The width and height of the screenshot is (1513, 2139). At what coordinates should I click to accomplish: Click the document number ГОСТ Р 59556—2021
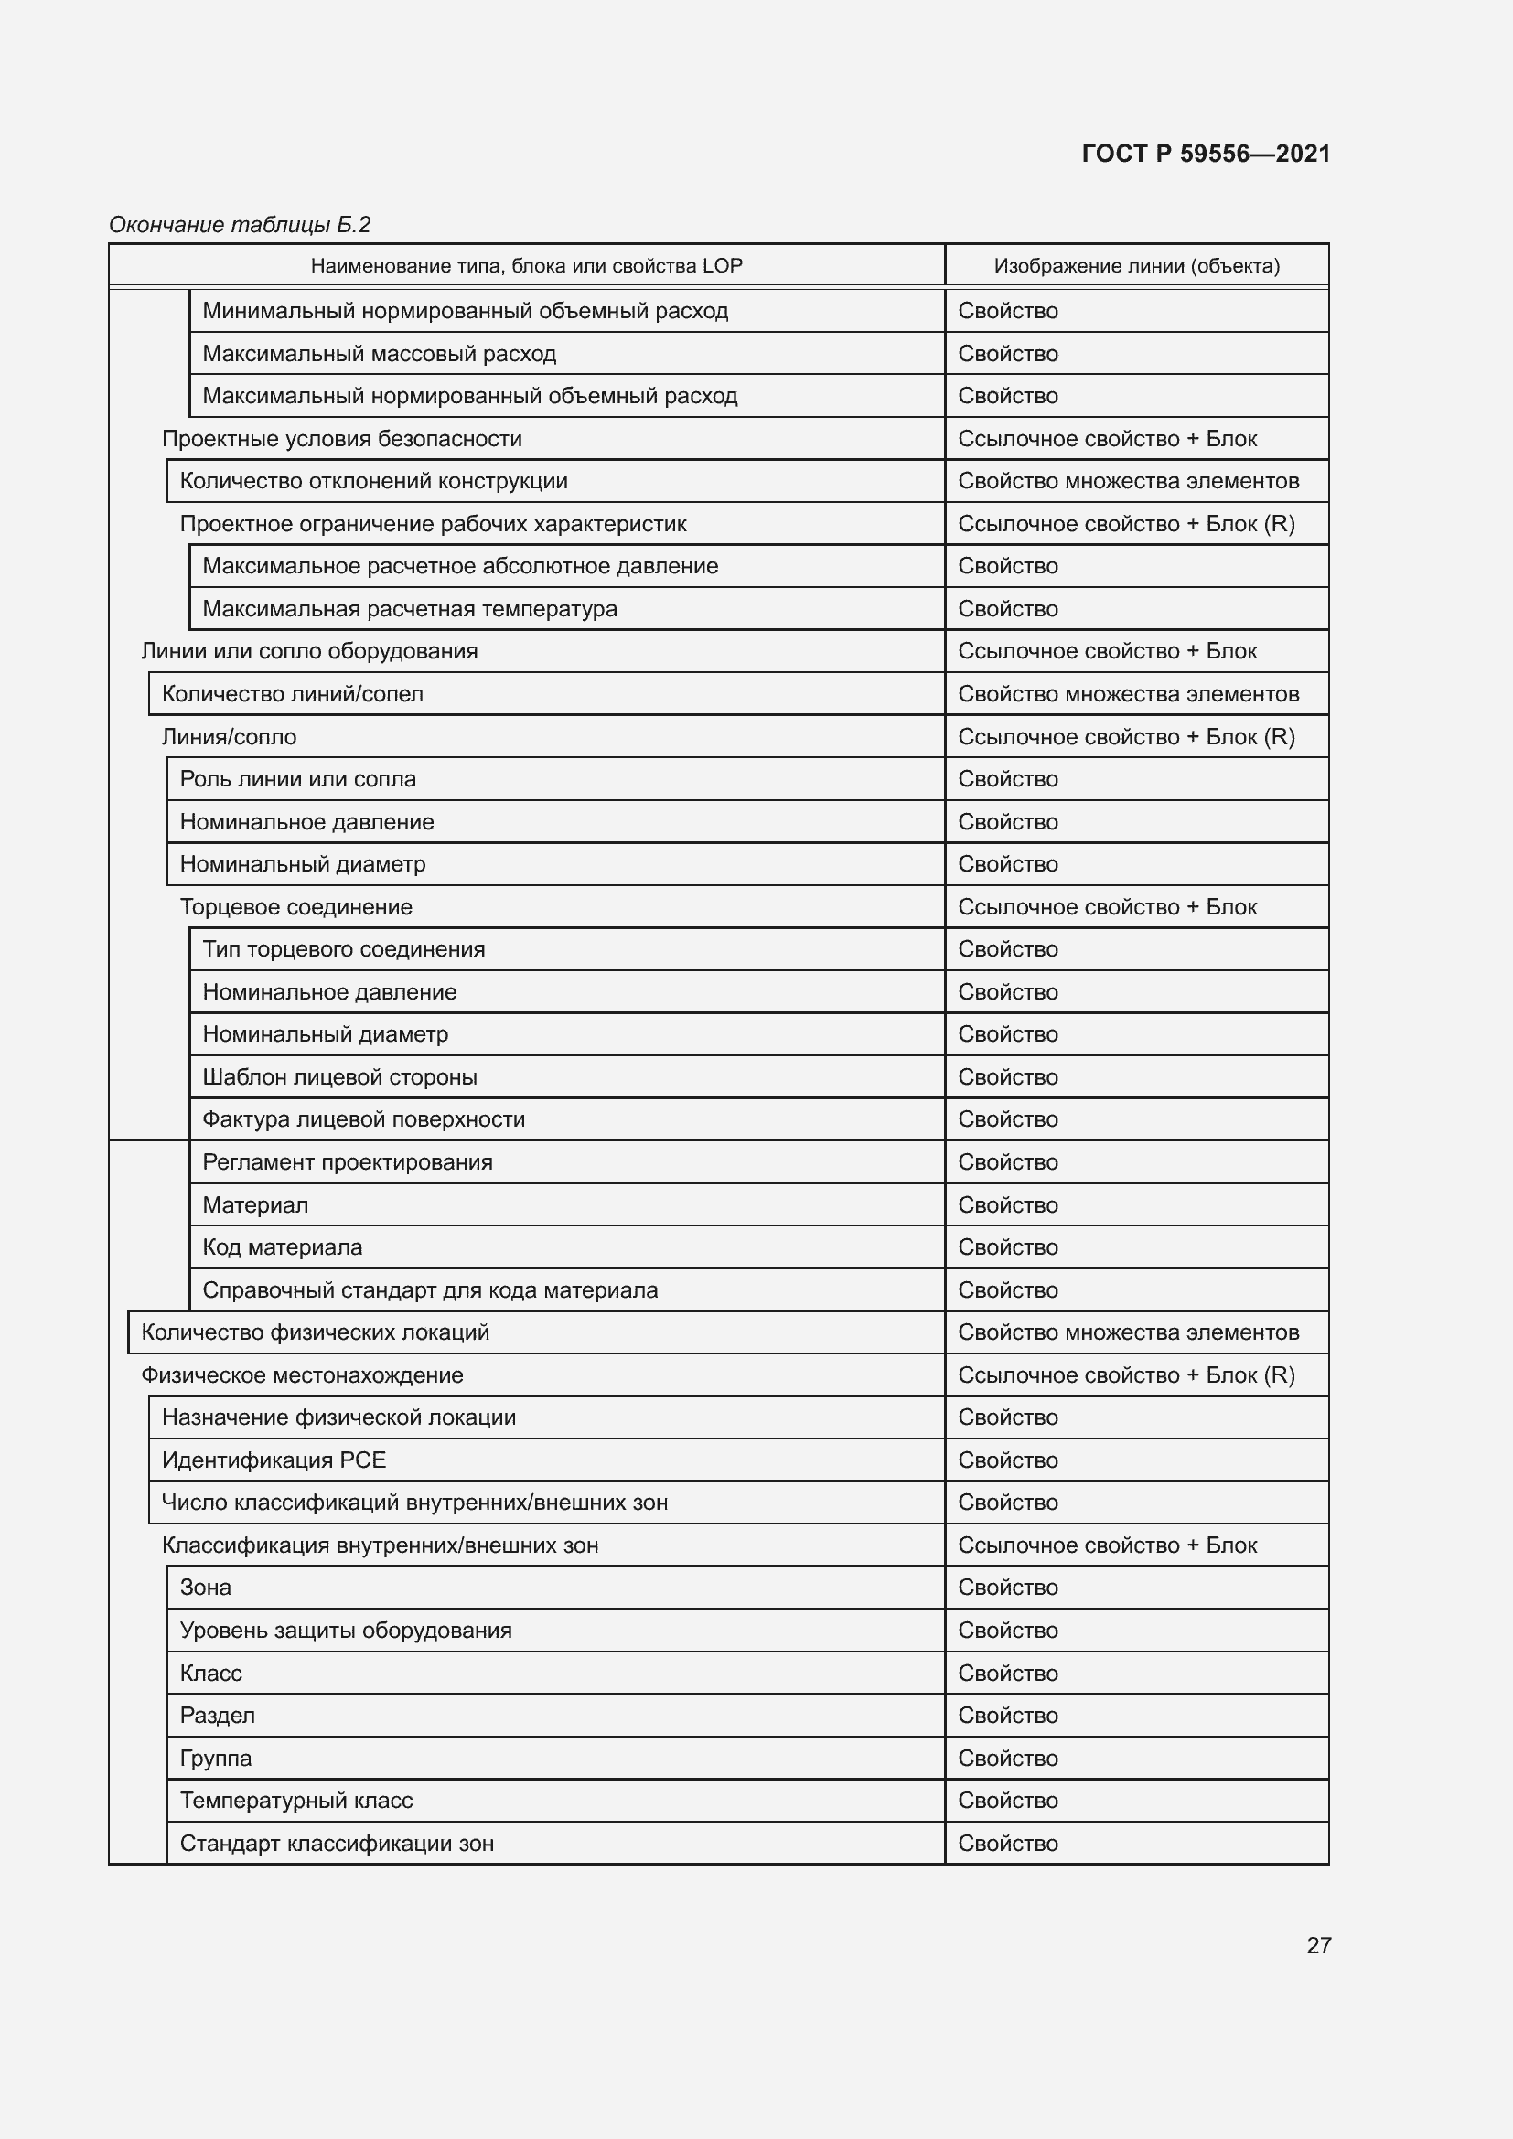pos(1206,154)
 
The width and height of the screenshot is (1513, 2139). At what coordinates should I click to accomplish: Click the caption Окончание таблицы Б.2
pos(240,225)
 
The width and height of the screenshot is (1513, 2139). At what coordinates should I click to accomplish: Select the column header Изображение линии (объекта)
pos(1136,266)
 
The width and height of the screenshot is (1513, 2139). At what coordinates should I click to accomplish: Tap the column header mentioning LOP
pos(526,266)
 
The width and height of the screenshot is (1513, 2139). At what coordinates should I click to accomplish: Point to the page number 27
pos(1318,1945)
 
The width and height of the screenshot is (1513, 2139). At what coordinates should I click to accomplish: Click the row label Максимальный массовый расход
pos(380,354)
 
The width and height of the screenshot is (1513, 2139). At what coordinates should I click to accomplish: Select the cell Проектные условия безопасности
pos(342,439)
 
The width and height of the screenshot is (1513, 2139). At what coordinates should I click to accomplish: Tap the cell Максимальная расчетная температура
pos(410,609)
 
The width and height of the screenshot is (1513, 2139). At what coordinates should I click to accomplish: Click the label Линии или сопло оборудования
pos(309,651)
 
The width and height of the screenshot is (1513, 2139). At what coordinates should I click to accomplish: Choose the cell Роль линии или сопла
pos(298,779)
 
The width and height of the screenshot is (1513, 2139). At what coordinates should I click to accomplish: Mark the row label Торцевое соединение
pos(296,907)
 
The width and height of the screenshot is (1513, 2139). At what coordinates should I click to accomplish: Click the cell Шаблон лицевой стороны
pos(340,1077)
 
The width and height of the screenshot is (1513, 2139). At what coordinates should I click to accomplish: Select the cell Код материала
pos(283,1247)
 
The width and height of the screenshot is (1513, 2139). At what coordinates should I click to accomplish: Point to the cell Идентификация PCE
pos(274,1460)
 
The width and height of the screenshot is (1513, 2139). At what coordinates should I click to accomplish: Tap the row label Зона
pos(206,1588)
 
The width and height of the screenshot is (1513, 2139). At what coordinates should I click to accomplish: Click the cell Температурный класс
pos(296,1801)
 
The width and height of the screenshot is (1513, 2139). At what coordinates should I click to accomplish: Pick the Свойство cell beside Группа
pos(1008,1758)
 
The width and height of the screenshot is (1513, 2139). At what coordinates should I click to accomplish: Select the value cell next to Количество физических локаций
pos(1127,1332)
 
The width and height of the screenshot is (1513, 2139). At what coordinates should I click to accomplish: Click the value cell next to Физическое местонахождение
pos(1125,1375)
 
